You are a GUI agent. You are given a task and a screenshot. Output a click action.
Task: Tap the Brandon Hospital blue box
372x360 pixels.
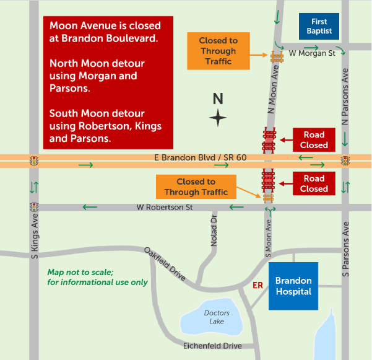pos(293,286)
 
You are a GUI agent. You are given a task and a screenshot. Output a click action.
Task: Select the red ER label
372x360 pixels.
pos(257,286)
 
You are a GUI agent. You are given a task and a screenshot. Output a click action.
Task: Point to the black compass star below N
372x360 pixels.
pos(217,117)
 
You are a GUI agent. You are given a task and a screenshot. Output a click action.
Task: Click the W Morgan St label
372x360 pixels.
pos(312,53)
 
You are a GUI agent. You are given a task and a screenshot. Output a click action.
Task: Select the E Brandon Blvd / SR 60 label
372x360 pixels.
pos(201,158)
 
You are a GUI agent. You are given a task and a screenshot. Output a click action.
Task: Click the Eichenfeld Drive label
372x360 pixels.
pos(212,345)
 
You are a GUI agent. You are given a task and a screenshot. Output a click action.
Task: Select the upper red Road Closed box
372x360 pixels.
pos(313,140)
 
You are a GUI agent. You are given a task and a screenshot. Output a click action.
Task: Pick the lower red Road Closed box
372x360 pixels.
pos(313,183)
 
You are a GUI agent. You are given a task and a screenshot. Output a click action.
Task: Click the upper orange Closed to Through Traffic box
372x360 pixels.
pos(218,51)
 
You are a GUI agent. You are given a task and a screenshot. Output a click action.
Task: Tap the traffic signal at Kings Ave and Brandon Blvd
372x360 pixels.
pos(33,161)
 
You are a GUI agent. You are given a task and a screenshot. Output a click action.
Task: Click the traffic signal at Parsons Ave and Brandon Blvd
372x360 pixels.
pos(345,161)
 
